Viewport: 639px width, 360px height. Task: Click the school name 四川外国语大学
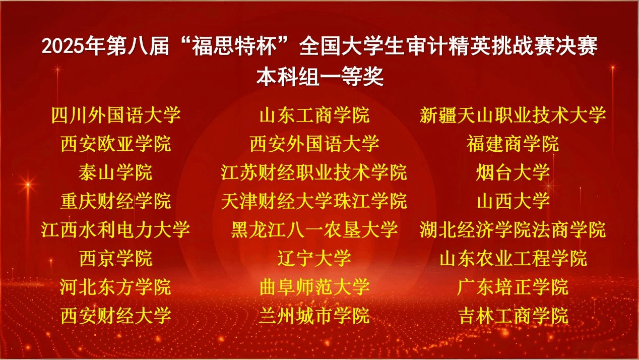(x=116, y=115)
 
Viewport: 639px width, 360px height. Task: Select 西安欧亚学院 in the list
(x=116, y=144)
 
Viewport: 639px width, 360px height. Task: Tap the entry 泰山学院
(x=116, y=172)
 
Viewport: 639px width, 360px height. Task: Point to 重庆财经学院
(x=116, y=201)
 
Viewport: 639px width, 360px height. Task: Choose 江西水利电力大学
(x=116, y=230)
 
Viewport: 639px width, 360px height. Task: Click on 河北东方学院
(x=116, y=287)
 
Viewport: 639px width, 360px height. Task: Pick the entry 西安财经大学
(x=116, y=316)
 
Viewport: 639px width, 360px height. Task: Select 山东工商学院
(x=314, y=115)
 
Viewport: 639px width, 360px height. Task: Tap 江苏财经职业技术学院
(x=314, y=172)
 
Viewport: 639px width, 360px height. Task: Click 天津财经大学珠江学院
(x=314, y=201)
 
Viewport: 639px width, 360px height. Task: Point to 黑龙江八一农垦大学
(x=314, y=230)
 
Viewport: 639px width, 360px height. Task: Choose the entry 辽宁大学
(x=314, y=259)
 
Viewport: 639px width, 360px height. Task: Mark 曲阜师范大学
(x=314, y=287)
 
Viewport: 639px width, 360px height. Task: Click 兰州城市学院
(x=314, y=316)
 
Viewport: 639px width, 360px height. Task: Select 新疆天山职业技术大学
(x=513, y=115)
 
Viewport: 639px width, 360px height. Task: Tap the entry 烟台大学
(x=513, y=172)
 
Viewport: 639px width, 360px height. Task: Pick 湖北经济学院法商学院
(x=513, y=230)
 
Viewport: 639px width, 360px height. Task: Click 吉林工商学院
(x=513, y=316)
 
